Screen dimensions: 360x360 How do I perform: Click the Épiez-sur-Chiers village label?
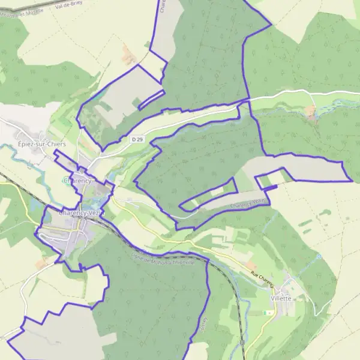point(41,145)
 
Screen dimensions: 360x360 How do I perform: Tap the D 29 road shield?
point(137,139)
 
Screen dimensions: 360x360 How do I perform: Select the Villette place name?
point(281,298)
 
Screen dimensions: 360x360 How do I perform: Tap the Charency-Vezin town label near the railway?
point(82,212)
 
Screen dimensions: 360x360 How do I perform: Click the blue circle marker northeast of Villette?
point(319,257)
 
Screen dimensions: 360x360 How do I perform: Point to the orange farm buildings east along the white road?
point(311,111)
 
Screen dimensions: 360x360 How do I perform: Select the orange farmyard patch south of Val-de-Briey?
point(128,56)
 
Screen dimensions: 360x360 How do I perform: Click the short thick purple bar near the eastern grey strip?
point(271,188)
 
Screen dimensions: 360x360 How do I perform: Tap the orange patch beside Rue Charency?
point(250,265)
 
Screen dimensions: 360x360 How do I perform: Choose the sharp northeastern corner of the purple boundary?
point(271,25)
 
